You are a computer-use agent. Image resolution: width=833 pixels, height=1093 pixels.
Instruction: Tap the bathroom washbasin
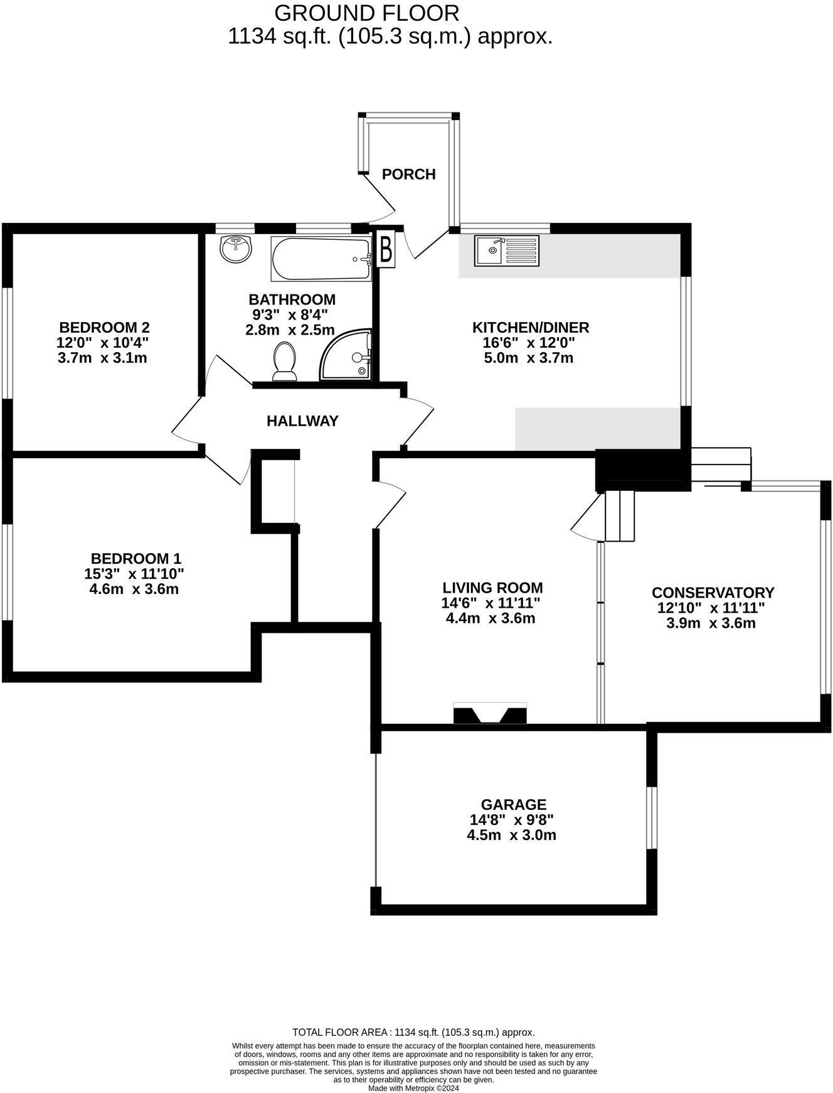[236, 249]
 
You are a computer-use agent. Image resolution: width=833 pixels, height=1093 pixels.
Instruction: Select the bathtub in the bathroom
[321, 259]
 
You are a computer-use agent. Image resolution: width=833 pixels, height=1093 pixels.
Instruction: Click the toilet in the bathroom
[285, 362]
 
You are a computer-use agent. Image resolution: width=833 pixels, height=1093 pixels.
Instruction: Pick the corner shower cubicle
[348, 357]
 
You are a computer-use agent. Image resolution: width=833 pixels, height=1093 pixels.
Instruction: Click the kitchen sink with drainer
[506, 250]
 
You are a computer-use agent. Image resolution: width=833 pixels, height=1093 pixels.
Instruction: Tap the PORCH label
[409, 174]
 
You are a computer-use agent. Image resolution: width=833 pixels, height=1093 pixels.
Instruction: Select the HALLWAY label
[302, 421]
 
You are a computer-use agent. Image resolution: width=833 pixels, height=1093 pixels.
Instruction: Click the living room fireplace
[490, 714]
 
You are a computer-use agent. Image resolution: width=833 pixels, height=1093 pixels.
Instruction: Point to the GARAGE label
[514, 804]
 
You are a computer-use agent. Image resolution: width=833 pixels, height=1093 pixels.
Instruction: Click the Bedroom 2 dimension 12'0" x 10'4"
[104, 343]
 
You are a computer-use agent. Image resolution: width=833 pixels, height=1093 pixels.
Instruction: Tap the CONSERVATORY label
[713, 593]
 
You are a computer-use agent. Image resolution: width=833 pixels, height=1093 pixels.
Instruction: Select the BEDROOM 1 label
[136, 558]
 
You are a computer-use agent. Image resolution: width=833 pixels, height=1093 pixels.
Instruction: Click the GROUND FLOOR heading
[367, 13]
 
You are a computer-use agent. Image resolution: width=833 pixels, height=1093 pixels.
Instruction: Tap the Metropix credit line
[413, 1089]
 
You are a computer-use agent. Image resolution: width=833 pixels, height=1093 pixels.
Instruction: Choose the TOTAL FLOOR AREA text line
[413, 1032]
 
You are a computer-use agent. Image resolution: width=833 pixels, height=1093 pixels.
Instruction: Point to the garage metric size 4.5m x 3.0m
[512, 835]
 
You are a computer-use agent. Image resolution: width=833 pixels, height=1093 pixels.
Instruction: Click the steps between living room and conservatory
[620, 516]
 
